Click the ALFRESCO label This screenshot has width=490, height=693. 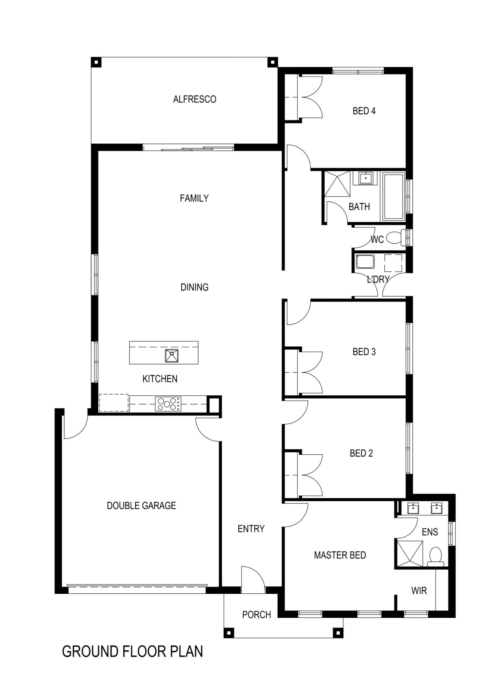click(x=195, y=99)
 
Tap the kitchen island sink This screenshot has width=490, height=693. click(x=172, y=356)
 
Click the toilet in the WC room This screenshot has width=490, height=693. click(x=396, y=238)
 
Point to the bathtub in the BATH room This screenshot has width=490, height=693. click(x=393, y=196)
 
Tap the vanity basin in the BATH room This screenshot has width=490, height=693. click(x=366, y=178)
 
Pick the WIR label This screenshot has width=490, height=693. click(x=419, y=591)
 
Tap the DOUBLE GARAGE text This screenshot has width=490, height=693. click(x=142, y=505)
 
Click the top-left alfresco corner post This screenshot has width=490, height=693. click(x=97, y=62)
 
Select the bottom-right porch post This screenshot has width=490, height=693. click(x=337, y=632)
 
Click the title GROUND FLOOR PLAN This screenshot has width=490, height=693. click(x=132, y=652)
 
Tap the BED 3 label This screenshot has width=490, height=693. click(x=364, y=352)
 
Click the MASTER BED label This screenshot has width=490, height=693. click(x=340, y=555)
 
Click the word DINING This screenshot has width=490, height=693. click(x=194, y=287)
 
